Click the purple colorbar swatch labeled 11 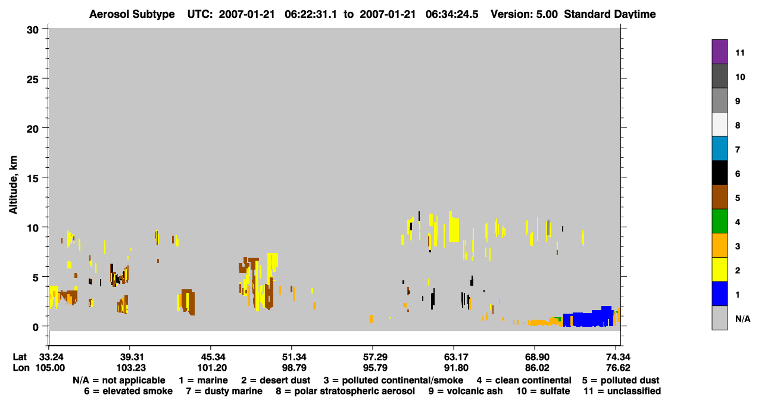719,51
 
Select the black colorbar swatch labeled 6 719,173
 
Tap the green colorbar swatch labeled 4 719,221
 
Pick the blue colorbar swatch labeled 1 719,293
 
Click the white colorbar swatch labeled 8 719,124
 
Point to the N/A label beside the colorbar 742,318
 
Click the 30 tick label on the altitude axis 33,30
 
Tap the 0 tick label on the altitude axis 36,327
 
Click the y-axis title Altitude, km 13,185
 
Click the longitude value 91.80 456,368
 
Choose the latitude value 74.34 618,357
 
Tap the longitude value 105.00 50,368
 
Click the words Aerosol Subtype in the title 132,14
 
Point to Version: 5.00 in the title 524,14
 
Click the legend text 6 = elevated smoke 128,391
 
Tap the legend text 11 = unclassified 622,391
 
